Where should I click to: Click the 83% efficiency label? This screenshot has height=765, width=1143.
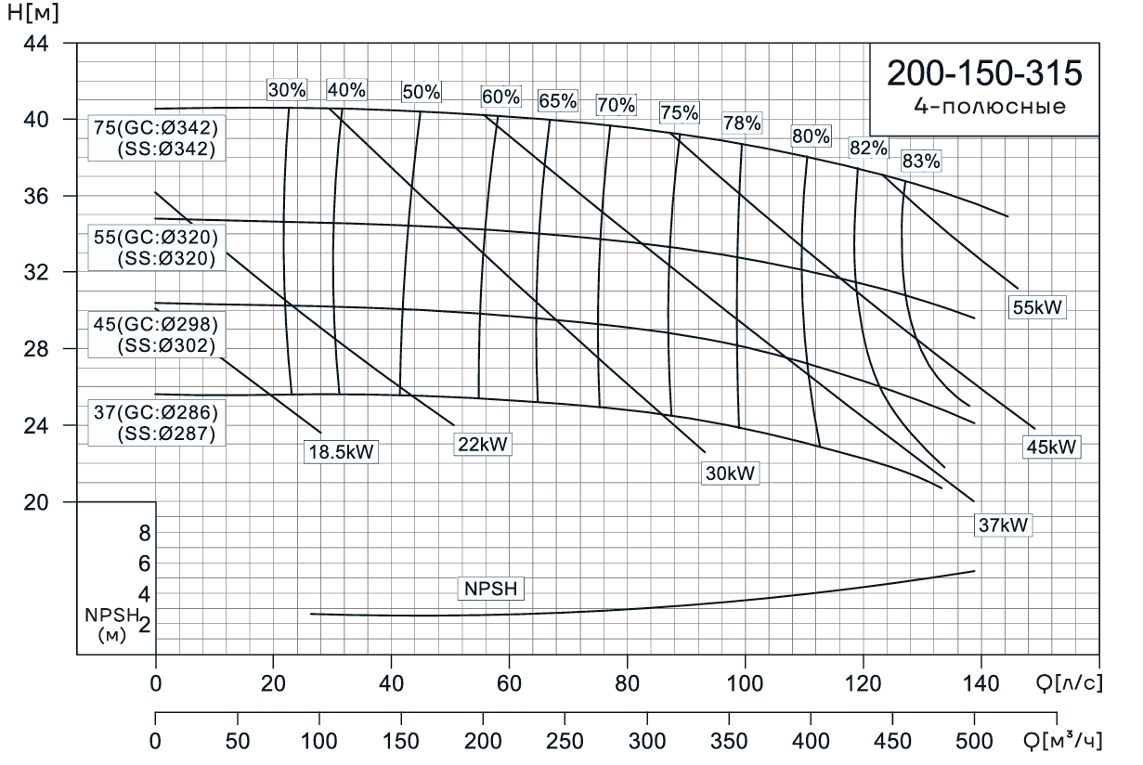921,162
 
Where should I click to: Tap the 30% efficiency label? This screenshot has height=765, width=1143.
286,90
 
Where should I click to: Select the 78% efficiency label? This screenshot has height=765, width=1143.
742,123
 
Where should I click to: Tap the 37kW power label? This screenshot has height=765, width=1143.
1004,525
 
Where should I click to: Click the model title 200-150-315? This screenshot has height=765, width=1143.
984,73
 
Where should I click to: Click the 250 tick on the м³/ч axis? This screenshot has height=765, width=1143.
565,742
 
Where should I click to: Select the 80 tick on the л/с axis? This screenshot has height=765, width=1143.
628,685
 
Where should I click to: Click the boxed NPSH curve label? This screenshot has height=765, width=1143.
490,589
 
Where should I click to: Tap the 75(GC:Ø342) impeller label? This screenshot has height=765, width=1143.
157,128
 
